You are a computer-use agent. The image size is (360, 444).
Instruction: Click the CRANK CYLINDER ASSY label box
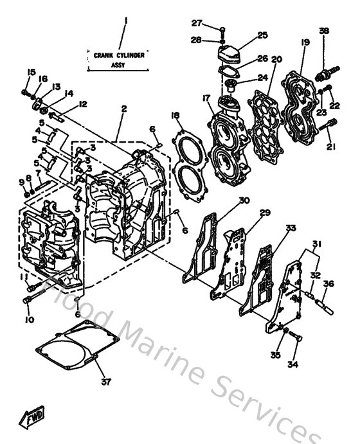click(x=119, y=59)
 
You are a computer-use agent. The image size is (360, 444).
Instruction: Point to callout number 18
click(x=175, y=116)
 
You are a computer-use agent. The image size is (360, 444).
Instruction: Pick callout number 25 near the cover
click(x=262, y=35)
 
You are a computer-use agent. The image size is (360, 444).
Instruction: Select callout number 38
click(x=323, y=31)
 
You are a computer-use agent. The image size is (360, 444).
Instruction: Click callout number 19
click(x=305, y=42)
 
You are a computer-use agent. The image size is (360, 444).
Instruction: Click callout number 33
click(x=291, y=228)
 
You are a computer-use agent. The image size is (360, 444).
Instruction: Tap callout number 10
click(x=28, y=319)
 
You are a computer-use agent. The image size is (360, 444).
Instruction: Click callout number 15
click(x=30, y=71)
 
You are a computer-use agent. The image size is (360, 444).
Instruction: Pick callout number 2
click(x=122, y=109)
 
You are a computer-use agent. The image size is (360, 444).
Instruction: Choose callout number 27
click(x=197, y=23)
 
